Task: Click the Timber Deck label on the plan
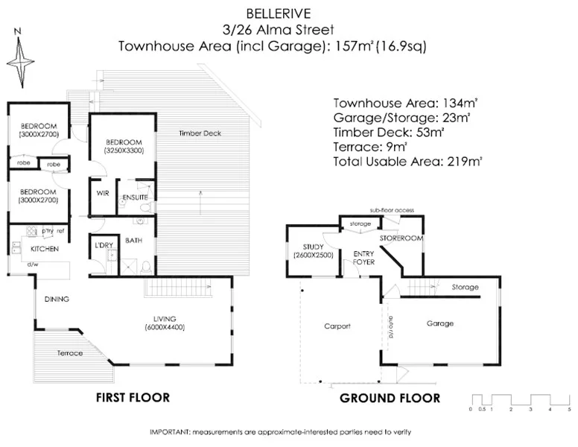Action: [197, 134]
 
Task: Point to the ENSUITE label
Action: [133, 197]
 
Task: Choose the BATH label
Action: [134, 241]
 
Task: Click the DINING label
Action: [57, 299]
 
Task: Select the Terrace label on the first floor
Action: [71, 352]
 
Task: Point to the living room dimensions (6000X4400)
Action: [165, 327]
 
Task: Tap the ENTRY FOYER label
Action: [363, 258]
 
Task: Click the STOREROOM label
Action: [401, 238]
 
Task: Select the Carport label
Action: [337, 326]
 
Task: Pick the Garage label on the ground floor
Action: [439, 323]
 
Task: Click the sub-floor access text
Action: [392, 211]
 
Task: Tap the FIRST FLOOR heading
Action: [133, 398]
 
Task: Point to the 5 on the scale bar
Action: [568, 409]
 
